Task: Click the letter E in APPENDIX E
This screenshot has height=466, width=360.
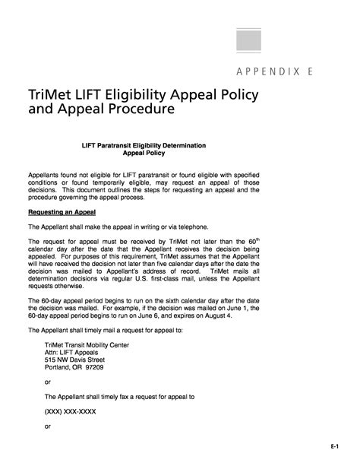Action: click(x=311, y=73)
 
